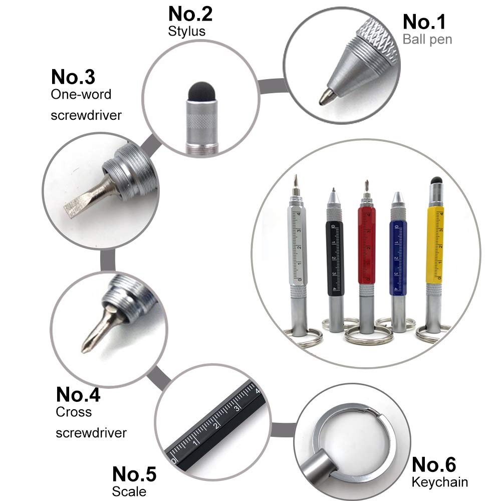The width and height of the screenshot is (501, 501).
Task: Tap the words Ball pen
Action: pos(427,39)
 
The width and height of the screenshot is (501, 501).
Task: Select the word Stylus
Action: pos(186,31)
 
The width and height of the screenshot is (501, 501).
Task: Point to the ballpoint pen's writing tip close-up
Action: pos(326,97)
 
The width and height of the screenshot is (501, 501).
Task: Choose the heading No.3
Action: pos(73,77)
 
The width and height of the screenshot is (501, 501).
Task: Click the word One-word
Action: pos(81,94)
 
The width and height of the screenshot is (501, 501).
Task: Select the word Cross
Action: pos(74,412)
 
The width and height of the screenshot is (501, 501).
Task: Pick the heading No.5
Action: pos(134,474)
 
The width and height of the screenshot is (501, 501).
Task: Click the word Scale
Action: pos(129,491)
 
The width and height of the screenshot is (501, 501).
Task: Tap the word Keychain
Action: pos(440,482)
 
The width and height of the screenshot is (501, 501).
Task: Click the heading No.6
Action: pos(433,464)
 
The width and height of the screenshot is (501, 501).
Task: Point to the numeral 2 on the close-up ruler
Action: pos(216,425)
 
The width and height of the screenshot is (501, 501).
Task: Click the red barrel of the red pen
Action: pos(367,245)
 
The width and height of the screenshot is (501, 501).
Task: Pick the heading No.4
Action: pos(78,395)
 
